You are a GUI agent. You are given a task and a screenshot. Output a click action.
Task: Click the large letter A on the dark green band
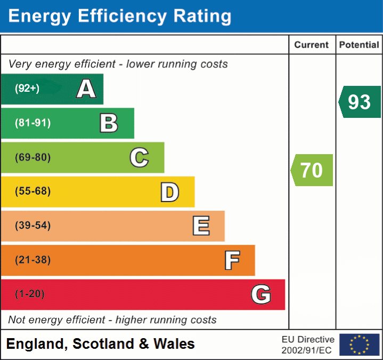86,89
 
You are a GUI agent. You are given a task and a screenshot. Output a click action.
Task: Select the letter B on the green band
109,123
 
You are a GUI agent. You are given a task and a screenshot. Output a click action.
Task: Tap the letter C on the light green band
139,158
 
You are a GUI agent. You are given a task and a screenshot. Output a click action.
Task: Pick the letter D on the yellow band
169,192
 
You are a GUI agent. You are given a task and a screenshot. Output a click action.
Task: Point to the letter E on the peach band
200,226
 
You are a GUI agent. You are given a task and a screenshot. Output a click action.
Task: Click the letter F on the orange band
231,261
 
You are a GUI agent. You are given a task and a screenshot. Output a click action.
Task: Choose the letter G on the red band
261,294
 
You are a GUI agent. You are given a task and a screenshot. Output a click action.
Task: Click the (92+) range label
27,89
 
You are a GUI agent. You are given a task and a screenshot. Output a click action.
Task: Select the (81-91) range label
32,123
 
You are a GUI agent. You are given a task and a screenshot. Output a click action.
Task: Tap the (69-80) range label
32,158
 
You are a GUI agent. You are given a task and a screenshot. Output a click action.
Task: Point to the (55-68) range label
32,191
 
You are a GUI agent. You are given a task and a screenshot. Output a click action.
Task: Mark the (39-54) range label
32,226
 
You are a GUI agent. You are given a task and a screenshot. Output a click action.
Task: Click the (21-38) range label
32,260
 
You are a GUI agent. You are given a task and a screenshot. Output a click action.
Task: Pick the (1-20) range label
30,294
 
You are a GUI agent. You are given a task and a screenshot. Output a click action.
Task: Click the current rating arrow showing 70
312,170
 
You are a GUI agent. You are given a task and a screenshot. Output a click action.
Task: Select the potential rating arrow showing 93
360,102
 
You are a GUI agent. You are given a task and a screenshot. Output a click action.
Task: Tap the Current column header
312,45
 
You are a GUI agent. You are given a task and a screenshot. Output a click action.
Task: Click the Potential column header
359,45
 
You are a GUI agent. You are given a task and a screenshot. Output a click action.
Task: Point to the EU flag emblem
359,345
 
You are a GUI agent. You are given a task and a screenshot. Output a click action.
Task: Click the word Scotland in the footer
103,344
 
